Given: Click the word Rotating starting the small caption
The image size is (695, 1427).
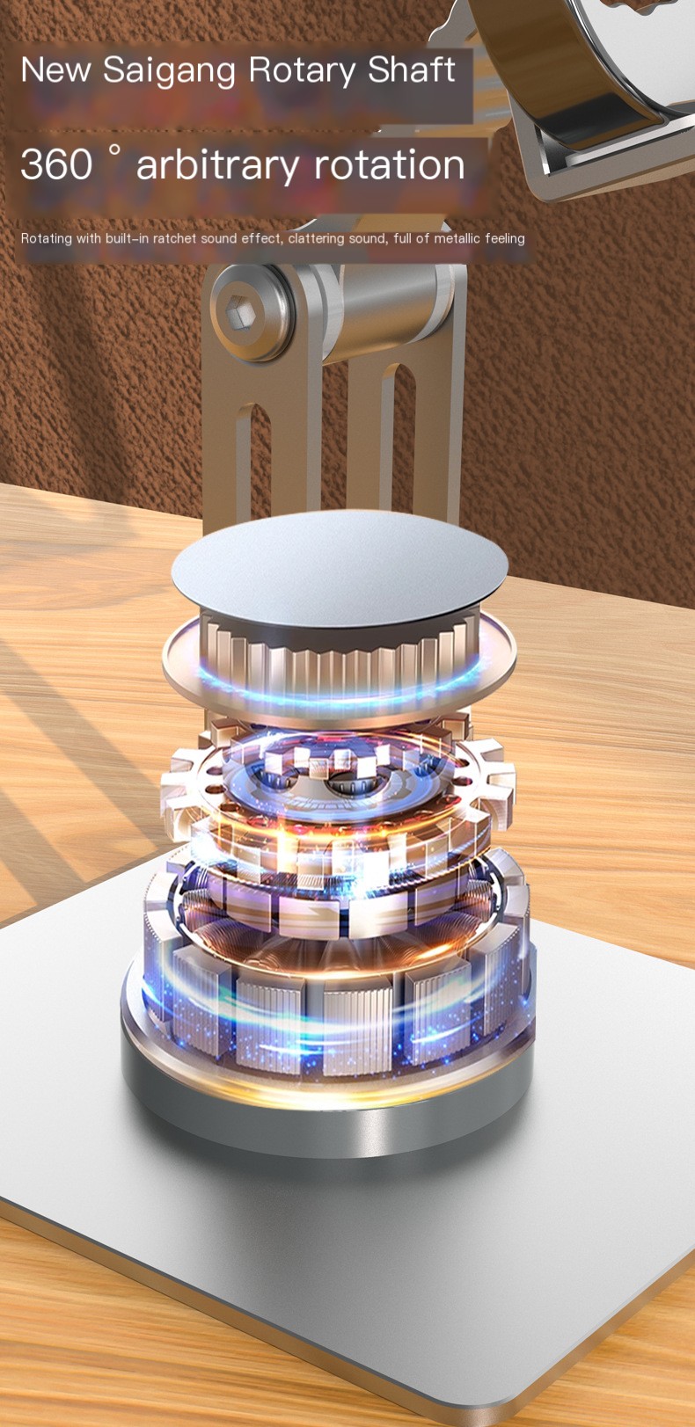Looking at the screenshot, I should [47, 238].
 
